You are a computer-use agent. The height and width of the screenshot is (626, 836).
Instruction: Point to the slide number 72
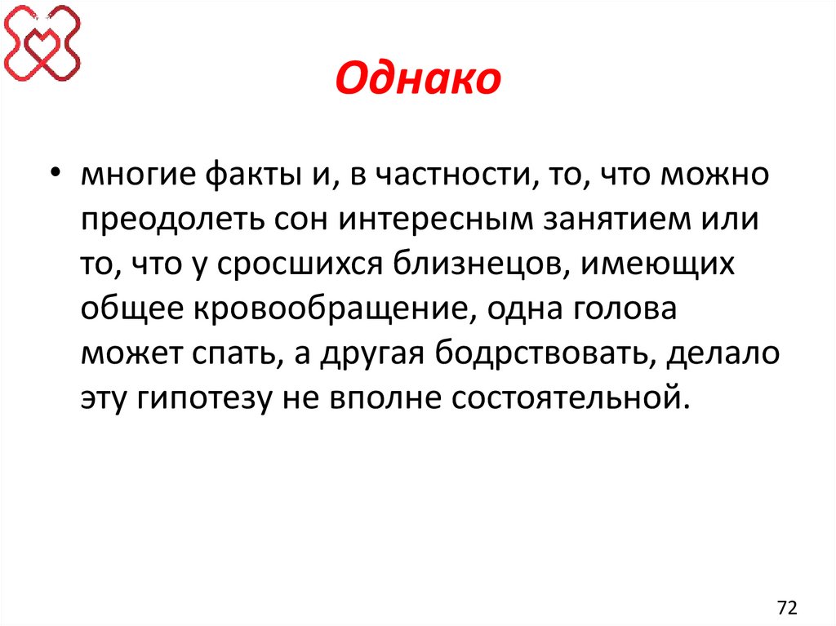[x=787, y=607]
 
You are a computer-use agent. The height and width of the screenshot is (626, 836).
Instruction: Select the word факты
[x=228, y=175]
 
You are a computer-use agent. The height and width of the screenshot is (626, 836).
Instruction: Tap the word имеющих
[x=675, y=265]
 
